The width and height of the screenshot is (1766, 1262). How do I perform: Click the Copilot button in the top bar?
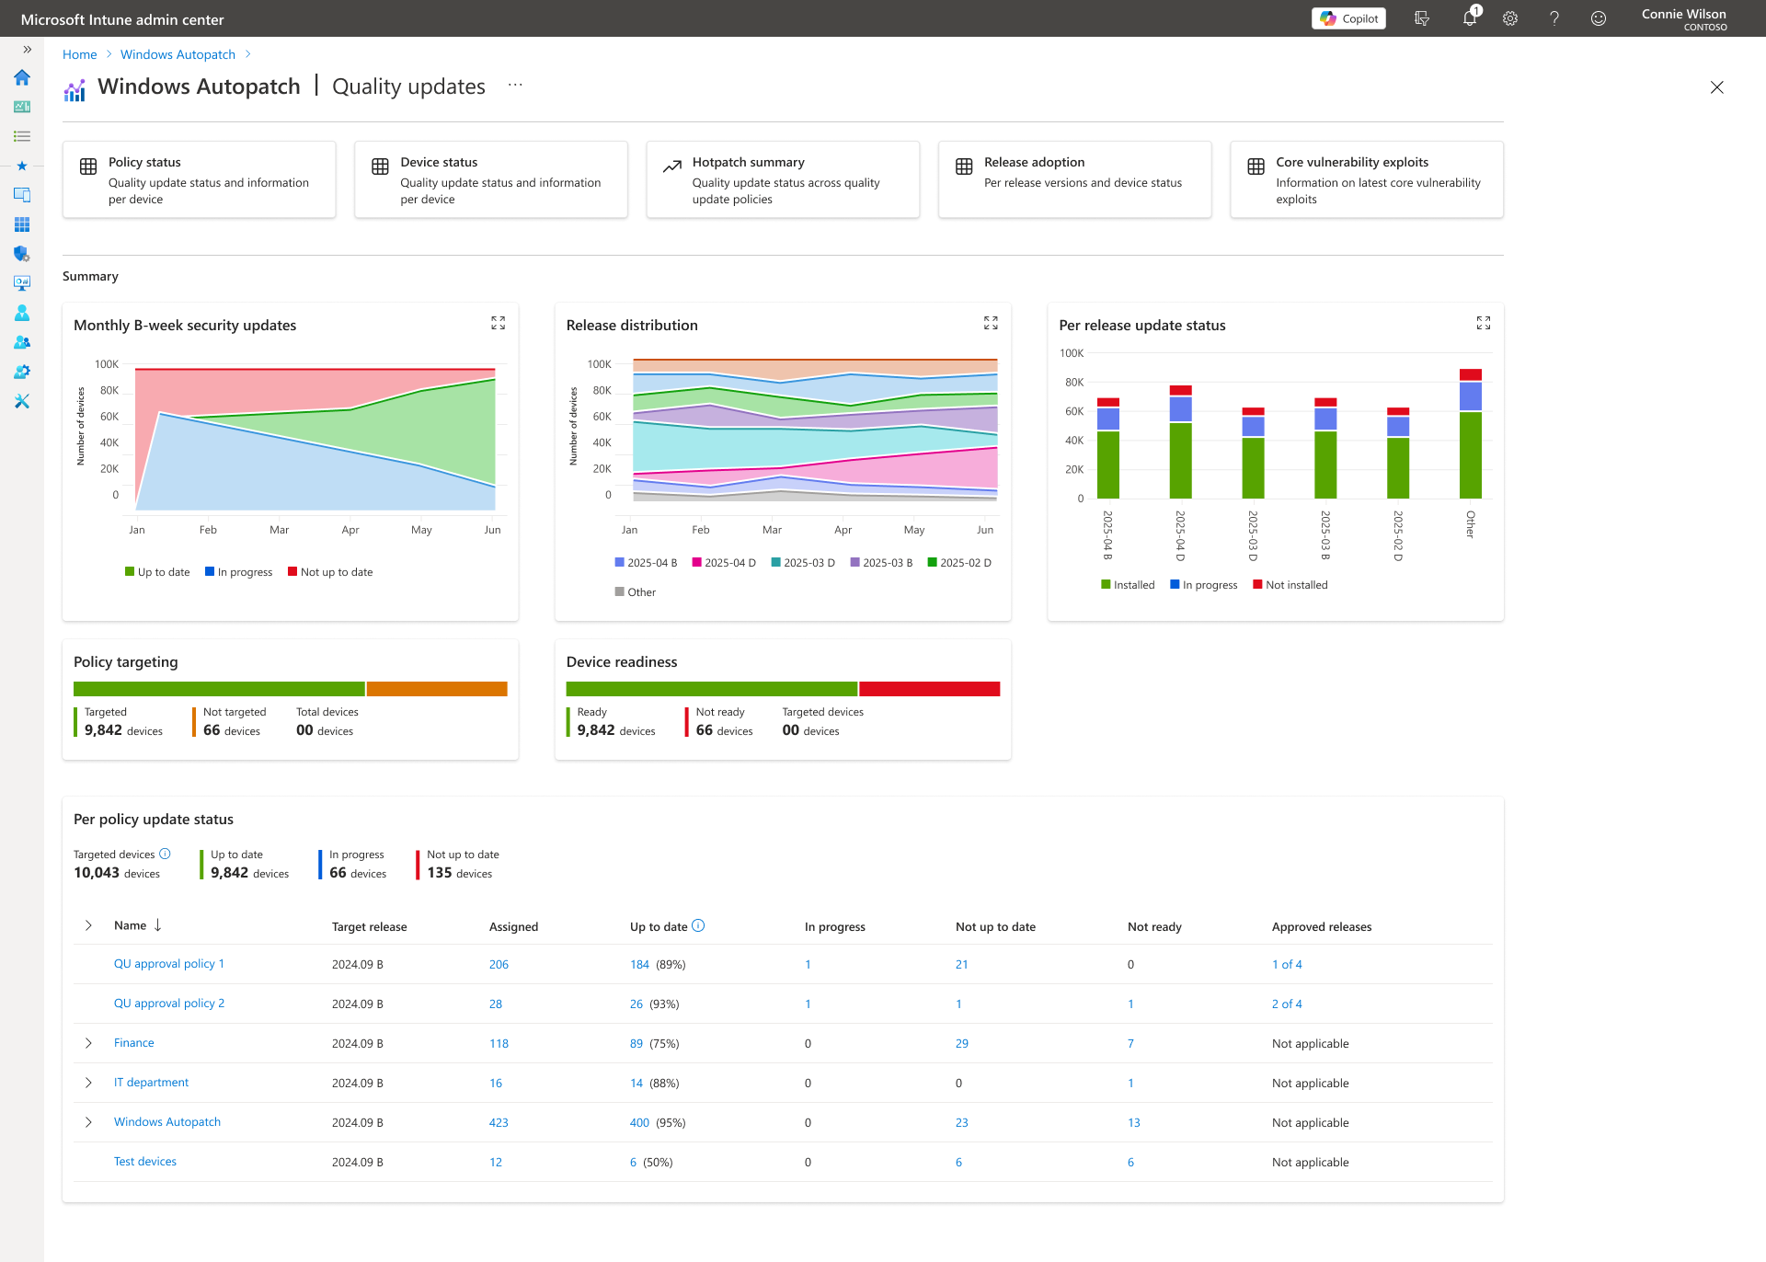pyautogui.click(x=1348, y=18)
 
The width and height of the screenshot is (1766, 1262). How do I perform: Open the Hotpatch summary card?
pyautogui.click(x=783, y=179)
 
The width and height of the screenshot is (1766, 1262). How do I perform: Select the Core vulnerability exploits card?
pyautogui.click(x=1367, y=179)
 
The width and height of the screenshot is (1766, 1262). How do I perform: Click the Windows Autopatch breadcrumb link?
pyautogui.click(x=178, y=54)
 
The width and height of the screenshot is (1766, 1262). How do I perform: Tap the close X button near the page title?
pyautogui.click(x=1716, y=87)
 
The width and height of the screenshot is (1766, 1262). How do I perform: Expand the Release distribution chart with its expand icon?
pyautogui.click(x=991, y=323)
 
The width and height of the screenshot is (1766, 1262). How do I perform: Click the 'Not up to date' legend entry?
pyautogui.click(x=330, y=572)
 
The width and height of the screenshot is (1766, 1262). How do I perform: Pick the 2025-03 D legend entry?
pyautogui.click(x=803, y=563)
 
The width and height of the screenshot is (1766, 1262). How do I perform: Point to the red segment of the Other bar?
pyautogui.click(x=1471, y=374)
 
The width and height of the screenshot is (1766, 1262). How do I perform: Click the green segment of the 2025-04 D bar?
pyautogui.click(x=1180, y=460)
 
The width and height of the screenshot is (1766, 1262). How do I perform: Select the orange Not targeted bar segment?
pyautogui.click(x=437, y=689)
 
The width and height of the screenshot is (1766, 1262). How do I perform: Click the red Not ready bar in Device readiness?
pyautogui.click(x=929, y=689)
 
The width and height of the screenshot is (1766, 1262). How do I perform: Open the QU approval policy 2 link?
pyautogui.click(x=169, y=1004)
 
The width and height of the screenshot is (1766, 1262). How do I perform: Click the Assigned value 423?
pyautogui.click(x=499, y=1122)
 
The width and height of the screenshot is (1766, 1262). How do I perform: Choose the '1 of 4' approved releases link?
pyautogui.click(x=1287, y=964)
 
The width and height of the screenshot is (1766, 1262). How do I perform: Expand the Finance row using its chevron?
pyautogui.click(x=88, y=1043)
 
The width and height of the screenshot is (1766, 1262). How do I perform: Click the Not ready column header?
pyautogui.click(x=1154, y=926)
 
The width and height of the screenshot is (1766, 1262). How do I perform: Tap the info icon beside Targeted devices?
pyautogui.click(x=165, y=854)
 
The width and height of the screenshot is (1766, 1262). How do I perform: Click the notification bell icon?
pyautogui.click(x=1469, y=18)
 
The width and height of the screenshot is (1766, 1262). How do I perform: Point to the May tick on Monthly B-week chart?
pyautogui.click(x=421, y=530)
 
